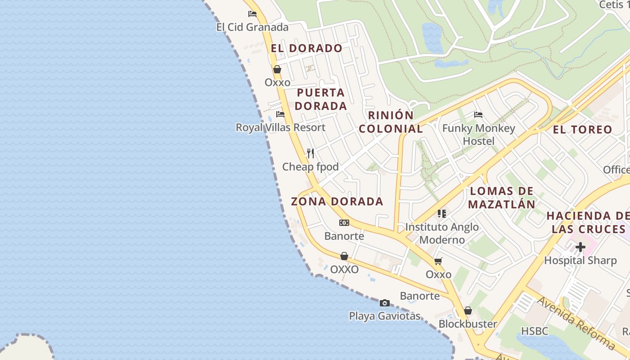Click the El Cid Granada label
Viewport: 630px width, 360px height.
252,27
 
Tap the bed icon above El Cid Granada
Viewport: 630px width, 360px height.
252,14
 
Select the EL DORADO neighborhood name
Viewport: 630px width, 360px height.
306,48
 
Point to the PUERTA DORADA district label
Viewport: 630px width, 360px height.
321,99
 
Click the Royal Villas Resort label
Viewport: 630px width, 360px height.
280,127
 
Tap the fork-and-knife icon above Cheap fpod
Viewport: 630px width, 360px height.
310,153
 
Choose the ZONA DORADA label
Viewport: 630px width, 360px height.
337,201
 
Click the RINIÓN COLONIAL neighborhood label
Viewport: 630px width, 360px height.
391,122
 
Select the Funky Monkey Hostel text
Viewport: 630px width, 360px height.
478,135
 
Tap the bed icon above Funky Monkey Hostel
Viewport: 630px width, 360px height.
478,115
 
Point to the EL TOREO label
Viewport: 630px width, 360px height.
582,130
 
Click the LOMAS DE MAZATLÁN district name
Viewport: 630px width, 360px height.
502,198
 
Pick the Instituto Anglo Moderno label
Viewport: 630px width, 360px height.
442,233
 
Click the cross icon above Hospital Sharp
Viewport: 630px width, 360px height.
580,247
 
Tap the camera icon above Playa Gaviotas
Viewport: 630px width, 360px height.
384,303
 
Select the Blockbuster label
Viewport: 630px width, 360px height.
468,324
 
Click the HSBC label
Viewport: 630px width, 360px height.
535,331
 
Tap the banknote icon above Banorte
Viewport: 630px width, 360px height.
344,223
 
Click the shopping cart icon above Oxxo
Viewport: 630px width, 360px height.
438,261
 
